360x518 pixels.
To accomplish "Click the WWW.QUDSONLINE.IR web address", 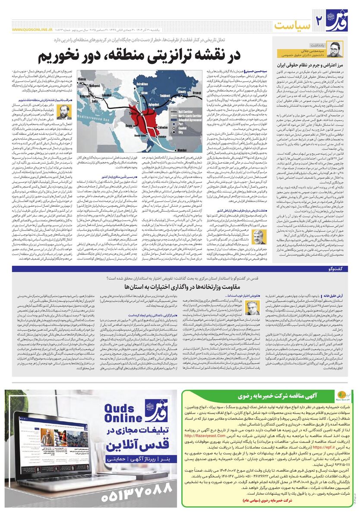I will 33,31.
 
